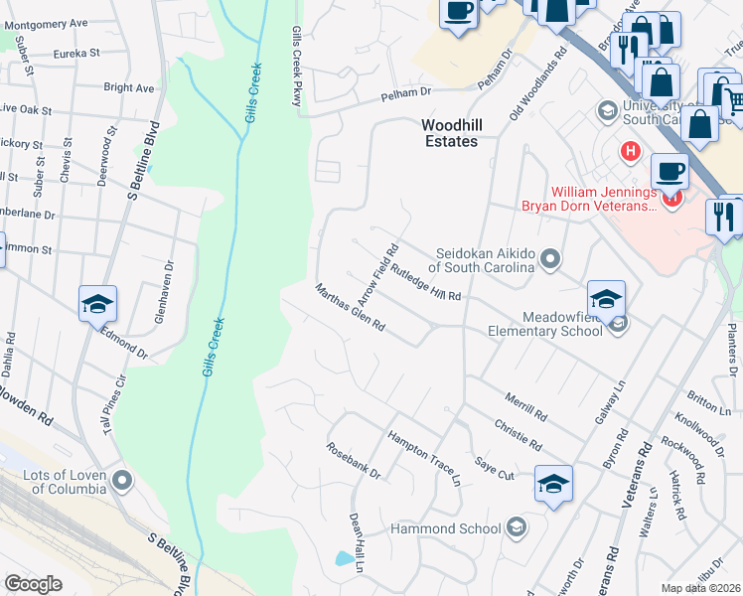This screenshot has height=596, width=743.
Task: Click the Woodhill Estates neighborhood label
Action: (449, 133)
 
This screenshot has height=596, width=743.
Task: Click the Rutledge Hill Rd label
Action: (426, 282)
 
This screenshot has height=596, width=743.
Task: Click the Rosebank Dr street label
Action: (354, 461)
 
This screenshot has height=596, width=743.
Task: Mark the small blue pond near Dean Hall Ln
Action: (343, 558)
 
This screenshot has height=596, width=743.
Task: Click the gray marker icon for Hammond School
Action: (516, 527)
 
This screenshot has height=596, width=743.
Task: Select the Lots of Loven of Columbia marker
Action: (122, 482)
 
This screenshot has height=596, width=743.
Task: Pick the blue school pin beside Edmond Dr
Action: (98, 303)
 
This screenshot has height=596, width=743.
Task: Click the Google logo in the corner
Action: (34, 584)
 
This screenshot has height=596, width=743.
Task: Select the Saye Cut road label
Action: (494, 469)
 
